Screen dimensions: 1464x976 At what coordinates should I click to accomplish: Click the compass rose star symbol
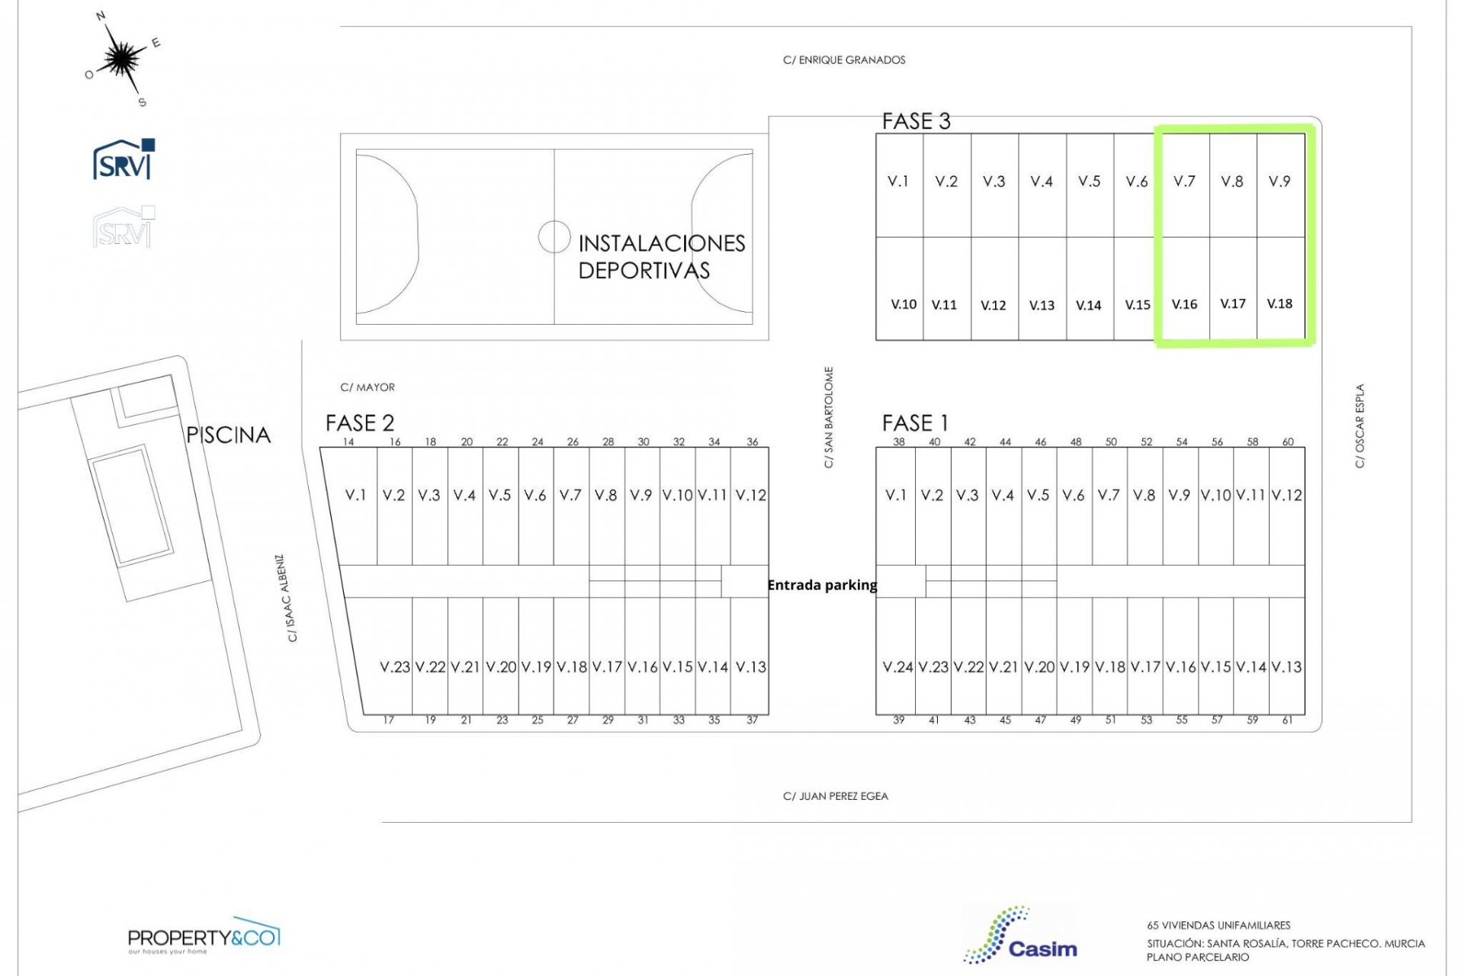click(121, 58)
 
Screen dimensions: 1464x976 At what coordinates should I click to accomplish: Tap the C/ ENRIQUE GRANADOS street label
click(844, 60)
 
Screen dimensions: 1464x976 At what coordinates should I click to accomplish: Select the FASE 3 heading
click(916, 121)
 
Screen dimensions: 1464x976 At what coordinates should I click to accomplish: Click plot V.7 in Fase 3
click(1184, 181)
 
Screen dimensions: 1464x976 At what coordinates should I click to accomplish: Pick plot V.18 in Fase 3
click(1279, 303)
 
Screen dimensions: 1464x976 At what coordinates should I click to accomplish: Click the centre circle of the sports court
click(554, 236)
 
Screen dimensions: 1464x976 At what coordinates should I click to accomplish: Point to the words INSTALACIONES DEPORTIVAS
click(661, 257)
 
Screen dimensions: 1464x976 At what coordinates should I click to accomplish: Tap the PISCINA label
click(229, 435)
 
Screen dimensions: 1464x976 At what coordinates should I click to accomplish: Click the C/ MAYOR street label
click(368, 387)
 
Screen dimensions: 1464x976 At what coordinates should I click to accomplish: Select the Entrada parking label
click(822, 585)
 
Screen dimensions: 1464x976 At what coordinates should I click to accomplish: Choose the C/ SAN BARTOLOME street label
click(829, 417)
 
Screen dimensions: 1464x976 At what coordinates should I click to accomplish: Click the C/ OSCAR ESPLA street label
click(1360, 425)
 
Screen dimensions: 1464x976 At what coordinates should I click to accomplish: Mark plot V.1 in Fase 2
click(355, 495)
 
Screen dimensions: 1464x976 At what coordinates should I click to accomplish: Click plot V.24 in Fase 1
click(898, 667)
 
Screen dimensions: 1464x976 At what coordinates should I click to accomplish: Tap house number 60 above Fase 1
click(1288, 441)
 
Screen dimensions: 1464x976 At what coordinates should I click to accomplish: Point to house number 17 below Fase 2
click(388, 720)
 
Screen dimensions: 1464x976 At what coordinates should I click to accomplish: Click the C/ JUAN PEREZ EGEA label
click(836, 796)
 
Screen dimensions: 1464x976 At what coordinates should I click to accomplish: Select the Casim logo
click(1020, 936)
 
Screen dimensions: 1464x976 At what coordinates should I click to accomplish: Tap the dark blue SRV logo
click(124, 159)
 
